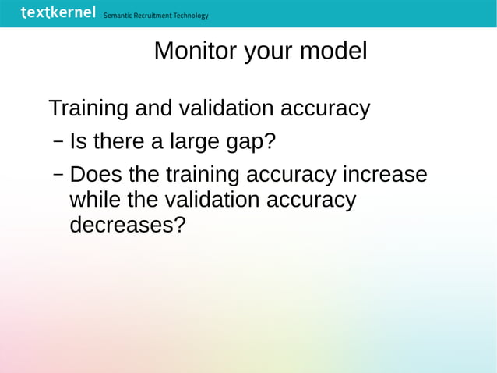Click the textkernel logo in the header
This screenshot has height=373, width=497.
click(58, 12)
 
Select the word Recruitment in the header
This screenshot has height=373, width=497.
click(154, 16)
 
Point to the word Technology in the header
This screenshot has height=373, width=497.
click(191, 16)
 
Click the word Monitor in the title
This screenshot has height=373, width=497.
click(196, 51)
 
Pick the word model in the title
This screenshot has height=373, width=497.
click(333, 51)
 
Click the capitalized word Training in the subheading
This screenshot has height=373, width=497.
click(88, 108)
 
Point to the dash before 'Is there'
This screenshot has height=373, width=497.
click(58, 143)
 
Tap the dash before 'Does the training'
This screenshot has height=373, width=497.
click(58, 174)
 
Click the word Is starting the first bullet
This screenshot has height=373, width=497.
click(78, 143)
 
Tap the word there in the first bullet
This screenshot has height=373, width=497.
click(117, 143)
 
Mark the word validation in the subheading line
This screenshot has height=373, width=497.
click(227, 108)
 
